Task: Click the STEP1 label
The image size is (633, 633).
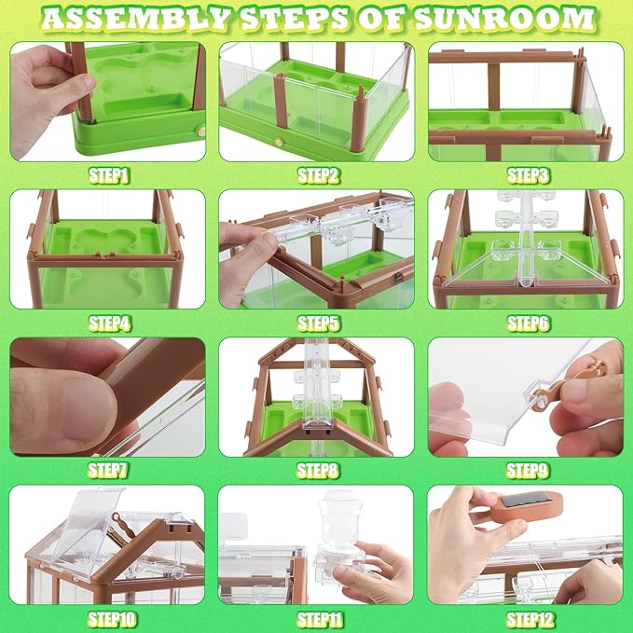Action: pyautogui.click(x=109, y=174)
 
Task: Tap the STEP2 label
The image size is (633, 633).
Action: pyautogui.click(x=318, y=174)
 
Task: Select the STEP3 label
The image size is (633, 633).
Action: pyautogui.click(x=527, y=174)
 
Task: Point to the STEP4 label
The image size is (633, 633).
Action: pyautogui.click(x=109, y=323)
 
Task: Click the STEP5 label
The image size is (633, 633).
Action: pyautogui.click(x=318, y=323)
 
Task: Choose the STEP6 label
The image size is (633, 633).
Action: pyautogui.click(x=527, y=323)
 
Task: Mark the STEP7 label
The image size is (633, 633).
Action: pyautogui.click(x=109, y=470)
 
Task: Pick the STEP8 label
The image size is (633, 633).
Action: pyautogui.click(x=318, y=470)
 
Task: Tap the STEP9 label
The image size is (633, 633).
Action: pyautogui.click(x=527, y=470)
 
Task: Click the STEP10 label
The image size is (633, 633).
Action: pyautogui.click(x=109, y=618)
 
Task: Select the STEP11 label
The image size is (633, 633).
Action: pyautogui.click(x=318, y=618)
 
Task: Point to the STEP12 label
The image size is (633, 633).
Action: pyautogui.click(x=527, y=618)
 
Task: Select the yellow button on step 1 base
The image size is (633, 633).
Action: pyautogui.click(x=200, y=133)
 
